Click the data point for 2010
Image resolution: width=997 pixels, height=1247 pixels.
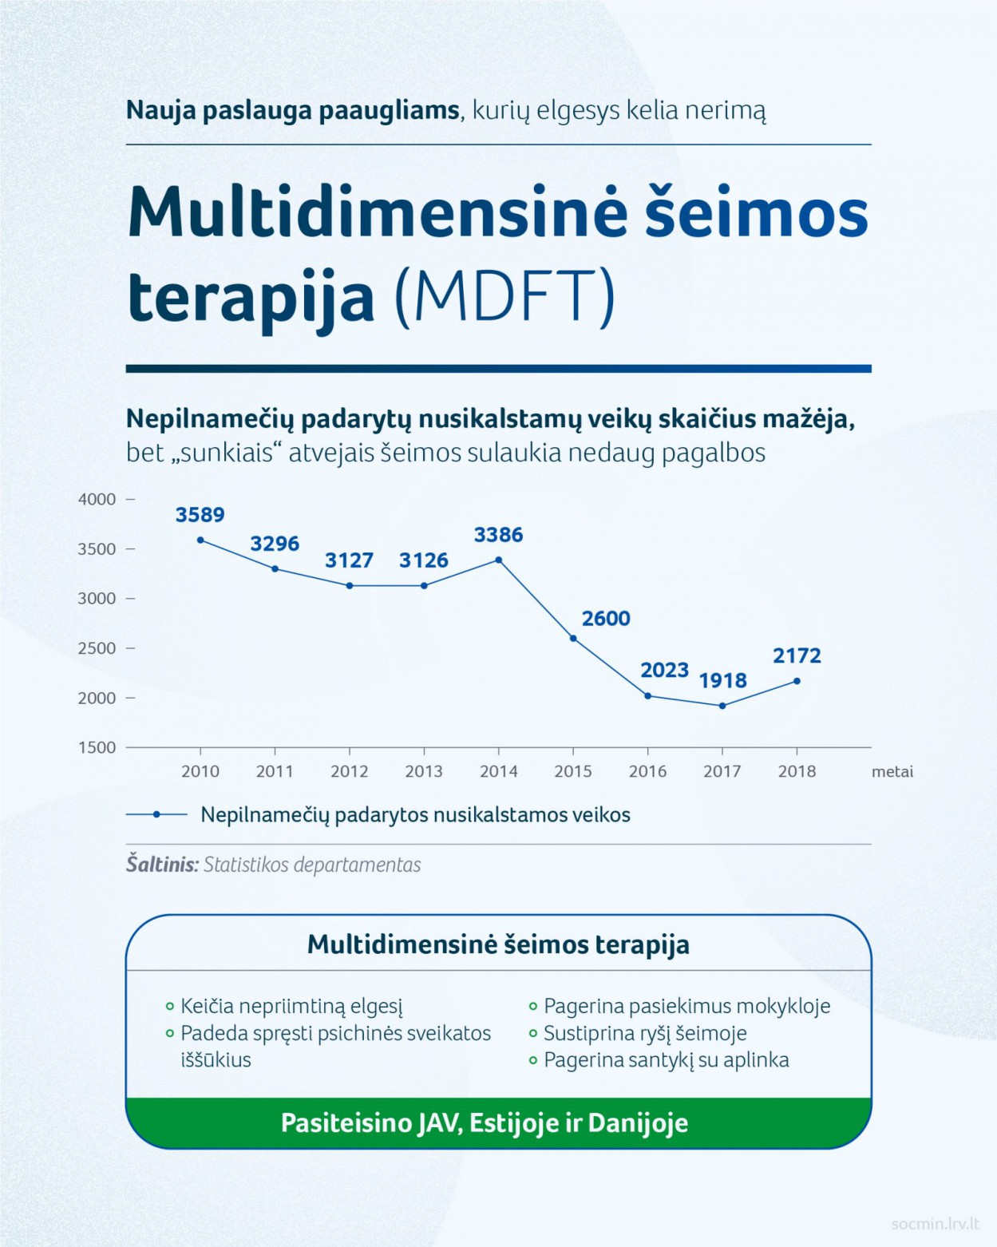pyautogui.click(x=200, y=540)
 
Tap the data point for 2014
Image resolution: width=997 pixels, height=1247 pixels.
pyautogui.click(x=499, y=560)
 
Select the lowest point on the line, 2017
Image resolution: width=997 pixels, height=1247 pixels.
pyautogui.click(x=722, y=706)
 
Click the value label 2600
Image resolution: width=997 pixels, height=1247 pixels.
pyautogui.click(x=606, y=619)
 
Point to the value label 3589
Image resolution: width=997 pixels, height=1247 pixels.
pyautogui.click(x=200, y=515)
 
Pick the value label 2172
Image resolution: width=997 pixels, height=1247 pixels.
pyautogui.click(x=797, y=656)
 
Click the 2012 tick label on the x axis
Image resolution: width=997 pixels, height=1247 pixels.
pyautogui.click(x=350, y=771)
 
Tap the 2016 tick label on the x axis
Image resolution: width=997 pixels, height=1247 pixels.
pyautogui.click(x=647, y=771)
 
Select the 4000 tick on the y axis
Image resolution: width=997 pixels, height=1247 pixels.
pyautogui.click(x=97, y=500)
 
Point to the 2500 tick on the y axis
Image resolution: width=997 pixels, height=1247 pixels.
pyautogui.click(x=97, y=648)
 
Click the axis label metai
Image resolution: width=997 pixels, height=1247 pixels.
pyautogui.click(x=892, y=772)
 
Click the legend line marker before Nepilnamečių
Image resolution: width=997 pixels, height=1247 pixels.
pyautogui.click(x=157, y=814)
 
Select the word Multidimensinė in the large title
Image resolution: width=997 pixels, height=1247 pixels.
pyautogui.click(x=376, y=212)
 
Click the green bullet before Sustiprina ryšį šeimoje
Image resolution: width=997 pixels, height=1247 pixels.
pyautogui.click(x=533, y=1034)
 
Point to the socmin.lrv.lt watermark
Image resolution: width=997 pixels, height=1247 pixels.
pyautogui.click(x=935, y=1224)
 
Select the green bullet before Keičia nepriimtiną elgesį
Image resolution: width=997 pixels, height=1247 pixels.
pyautogui.click(x=170, y=1007)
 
